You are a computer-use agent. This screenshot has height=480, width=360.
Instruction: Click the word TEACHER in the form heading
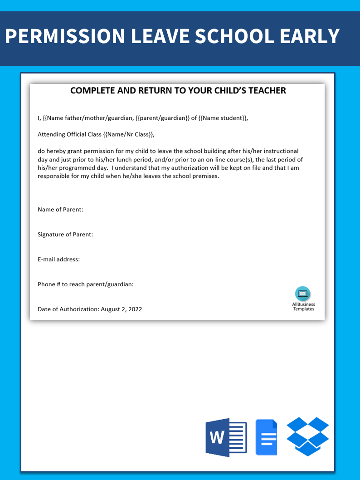point(267,90)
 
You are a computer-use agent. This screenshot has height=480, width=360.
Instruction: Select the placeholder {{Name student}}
point(223,118)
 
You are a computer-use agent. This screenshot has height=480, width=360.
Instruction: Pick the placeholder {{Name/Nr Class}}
point(128,134)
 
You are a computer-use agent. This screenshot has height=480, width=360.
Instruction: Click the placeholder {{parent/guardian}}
point(162,118)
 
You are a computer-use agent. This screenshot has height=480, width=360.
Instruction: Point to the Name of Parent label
point(60,210)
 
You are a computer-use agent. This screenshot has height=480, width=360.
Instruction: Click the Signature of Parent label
point(65,235)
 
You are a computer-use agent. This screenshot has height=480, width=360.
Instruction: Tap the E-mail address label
point(59,260)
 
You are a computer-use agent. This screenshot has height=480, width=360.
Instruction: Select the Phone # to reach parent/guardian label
point(86,284)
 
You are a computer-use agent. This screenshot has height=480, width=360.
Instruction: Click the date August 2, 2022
point(122,309)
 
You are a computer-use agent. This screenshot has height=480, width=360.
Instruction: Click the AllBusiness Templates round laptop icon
point(303,294)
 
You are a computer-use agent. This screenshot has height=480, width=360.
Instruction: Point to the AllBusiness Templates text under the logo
point(303,307)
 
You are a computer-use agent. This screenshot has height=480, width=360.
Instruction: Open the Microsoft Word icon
point(226,437)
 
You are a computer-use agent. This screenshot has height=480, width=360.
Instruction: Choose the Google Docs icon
point(266,437)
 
